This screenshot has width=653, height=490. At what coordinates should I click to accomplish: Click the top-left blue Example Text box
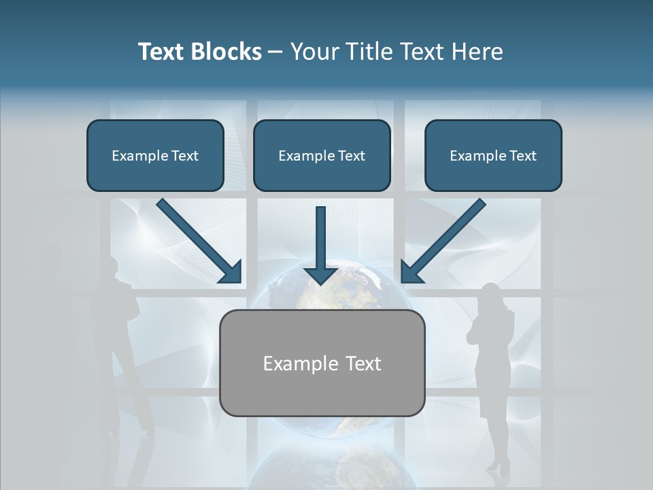[x=155, y=155]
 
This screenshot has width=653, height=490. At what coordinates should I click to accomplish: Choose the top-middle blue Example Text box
[x=322, y=155]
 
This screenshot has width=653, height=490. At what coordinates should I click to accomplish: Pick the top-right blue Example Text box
[x=493, y=155]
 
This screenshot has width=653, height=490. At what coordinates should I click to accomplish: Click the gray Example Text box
[x=322, y=363]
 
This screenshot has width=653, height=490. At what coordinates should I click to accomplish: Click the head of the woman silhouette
[x=490, y=297]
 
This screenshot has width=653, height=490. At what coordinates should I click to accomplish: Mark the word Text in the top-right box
[x=522, y=155]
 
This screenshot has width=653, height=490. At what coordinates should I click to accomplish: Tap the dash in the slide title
[x=275, y=52]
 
